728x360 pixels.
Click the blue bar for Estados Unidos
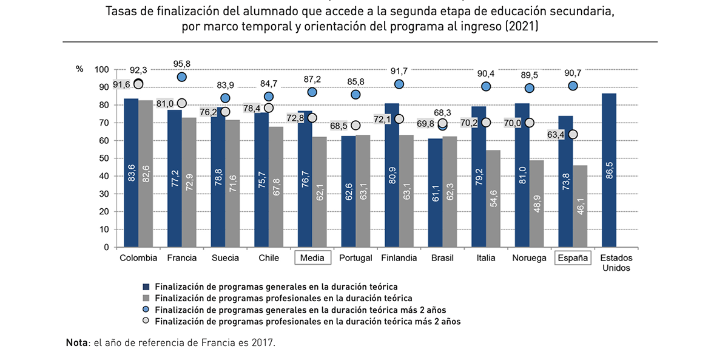[608, 170]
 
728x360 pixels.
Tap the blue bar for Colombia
[131, 173]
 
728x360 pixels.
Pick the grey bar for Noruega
[536, 204]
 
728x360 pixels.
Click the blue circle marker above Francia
[182, 77]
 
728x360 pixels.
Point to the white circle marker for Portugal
[356, 126]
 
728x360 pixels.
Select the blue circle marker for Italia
[486, 87]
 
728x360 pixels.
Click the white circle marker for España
[573, 134]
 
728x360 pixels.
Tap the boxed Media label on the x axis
[312, 258]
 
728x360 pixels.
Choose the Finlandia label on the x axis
[399, 258]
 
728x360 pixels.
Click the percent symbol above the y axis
[79, 69]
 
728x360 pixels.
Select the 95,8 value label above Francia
[181, 64]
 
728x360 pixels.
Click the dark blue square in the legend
[146, 286]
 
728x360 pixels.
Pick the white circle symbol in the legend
[146, 322]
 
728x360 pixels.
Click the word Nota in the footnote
[76, 342]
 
